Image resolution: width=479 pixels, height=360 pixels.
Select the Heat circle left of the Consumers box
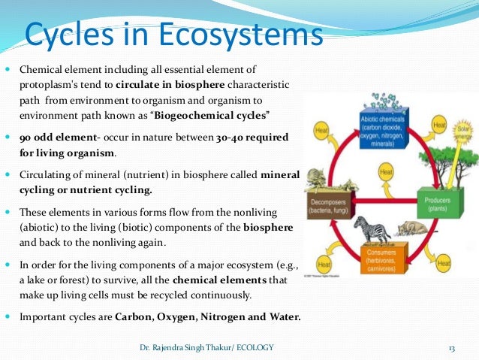pos(325,264)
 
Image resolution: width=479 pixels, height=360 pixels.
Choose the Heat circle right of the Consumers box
pos(444,263)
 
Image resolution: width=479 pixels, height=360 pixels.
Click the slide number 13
pos(452,347)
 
